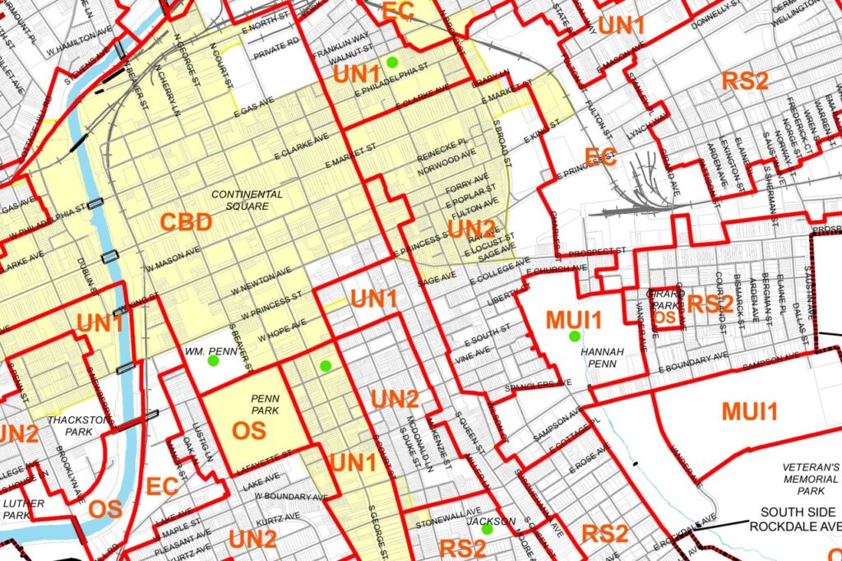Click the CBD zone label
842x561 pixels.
pos(186,222)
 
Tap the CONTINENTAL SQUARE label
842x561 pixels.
pos(246,200)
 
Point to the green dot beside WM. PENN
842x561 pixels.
pos(213,360)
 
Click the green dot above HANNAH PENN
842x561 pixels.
pos(573,336)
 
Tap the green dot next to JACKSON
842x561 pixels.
pos(487,530)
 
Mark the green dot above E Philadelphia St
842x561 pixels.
pos(392,62)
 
